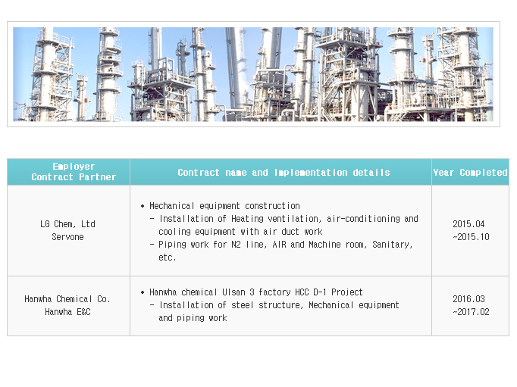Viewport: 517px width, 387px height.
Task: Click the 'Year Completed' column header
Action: (x=470, y=172)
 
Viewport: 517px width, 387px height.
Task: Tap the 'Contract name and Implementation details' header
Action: (x=284, y=172)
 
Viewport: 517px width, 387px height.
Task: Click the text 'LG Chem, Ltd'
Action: (x=67, y=224)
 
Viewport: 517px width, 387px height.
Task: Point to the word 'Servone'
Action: (x=67, y=237)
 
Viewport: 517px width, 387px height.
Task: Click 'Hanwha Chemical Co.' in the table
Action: (x=67, y=299)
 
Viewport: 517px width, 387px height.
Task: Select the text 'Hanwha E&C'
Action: (x=67, y=312)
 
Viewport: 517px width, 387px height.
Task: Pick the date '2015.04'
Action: (x=468, y=224)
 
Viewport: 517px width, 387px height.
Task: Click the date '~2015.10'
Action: (x=471, y=237)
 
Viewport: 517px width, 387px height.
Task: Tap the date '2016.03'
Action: (x=468, y=299)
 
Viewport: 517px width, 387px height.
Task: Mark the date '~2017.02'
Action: (x=471, y=312)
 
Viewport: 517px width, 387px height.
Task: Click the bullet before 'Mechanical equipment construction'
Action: (x=143, y=206)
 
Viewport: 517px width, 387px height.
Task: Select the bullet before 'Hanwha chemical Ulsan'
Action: (x=143, y=292)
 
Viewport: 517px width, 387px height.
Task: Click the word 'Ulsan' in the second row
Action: (x=233, y=292)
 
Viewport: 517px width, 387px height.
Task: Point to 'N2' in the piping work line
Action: (x=236, y=245)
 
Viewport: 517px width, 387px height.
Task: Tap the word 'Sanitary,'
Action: (x=393, y=245)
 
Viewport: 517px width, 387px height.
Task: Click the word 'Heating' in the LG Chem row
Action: (x=247, y=219)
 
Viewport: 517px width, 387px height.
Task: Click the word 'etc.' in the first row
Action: (x=168, y=257)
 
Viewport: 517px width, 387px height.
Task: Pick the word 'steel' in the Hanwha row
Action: (x=243, y=305)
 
